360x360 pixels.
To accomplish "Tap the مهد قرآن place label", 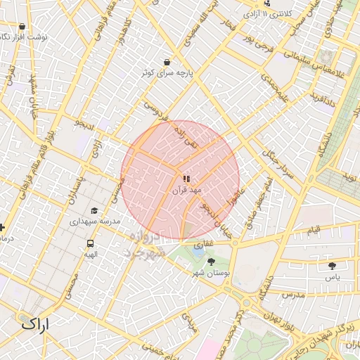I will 186,190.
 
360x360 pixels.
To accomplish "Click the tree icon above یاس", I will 332,266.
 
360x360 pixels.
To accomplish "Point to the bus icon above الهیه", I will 90,243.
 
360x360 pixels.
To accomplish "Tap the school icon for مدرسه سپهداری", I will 94,210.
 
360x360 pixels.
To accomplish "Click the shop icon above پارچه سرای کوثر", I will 166,62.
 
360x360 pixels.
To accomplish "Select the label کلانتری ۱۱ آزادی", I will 269,13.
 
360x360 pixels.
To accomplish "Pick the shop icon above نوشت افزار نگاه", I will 22,26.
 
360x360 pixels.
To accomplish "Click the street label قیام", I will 314,229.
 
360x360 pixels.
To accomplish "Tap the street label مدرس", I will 294,295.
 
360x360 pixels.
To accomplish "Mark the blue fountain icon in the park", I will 197,246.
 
